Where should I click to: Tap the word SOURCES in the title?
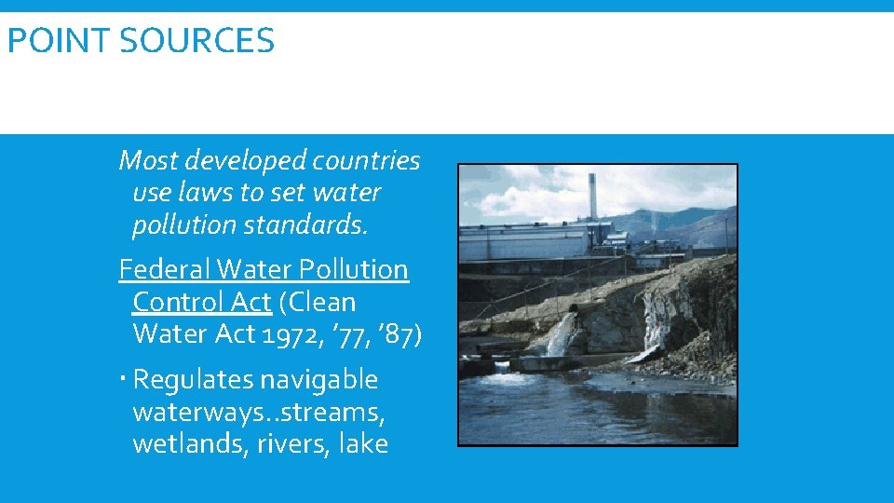pyautogui.click(x=196, y=41)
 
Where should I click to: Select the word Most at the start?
pyautogui.click(x=148, y=161)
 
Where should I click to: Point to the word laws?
pyautogui.click(x=208, y=194)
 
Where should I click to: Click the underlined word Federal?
pyautogui.click(x=165, y=270)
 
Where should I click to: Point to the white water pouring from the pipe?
pyautogui.click(x=562, y=335)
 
